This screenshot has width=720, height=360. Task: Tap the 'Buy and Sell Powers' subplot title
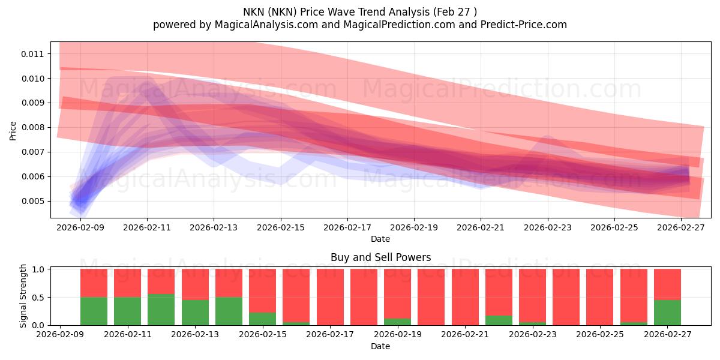pos(380,257)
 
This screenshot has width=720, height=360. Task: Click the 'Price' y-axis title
pos(13,130)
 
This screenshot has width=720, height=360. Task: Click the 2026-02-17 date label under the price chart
pos(347,228)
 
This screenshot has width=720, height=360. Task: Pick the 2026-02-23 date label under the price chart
pos(547,228)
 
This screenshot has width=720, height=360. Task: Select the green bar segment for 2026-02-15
pos(262,319)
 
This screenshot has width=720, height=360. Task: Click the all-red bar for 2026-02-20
pos(431,297)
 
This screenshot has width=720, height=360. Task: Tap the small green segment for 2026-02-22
pos(499,320)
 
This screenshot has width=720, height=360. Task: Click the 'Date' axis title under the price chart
pos(380,239)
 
